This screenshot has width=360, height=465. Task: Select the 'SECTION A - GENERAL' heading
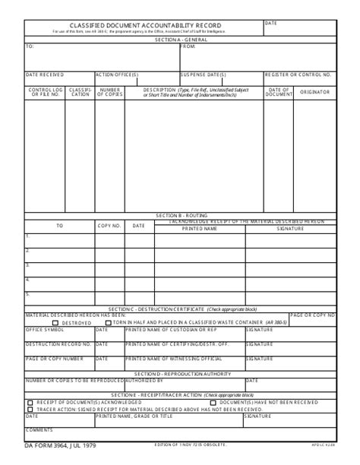coord(180,39)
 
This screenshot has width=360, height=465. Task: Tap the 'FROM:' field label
coord(188,46)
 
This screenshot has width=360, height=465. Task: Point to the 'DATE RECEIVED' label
coord(45,74)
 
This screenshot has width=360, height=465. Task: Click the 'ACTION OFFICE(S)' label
coord(116,74)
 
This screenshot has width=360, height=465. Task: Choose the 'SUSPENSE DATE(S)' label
coord(204,74)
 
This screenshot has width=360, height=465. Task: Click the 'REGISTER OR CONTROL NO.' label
coord(298,74)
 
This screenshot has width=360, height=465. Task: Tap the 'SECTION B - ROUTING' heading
coord(180,216)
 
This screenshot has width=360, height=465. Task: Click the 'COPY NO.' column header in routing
coord(109,226)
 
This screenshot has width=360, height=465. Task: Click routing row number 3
coord(27,264)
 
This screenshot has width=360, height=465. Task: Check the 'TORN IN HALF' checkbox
coord(107,322)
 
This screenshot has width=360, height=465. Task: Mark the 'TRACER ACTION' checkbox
coord(30,409)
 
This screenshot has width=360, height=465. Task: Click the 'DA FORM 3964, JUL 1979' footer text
coord(59,444)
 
